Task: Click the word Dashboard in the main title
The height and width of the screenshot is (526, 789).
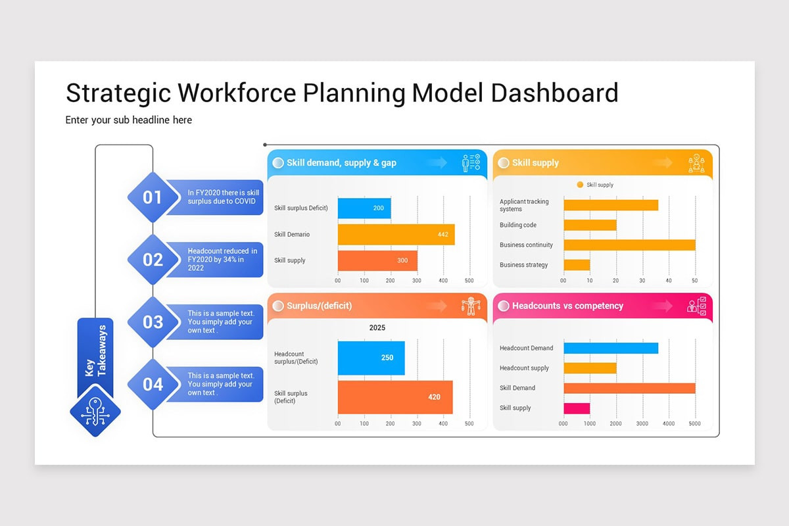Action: click(554, 93)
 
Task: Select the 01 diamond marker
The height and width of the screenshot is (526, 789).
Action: click(153, 197)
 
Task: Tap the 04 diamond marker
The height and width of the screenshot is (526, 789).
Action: click(153, 384)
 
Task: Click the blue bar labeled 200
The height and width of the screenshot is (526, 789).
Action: click(364, 208)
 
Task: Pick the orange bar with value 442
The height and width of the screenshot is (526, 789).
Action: click(396, 235)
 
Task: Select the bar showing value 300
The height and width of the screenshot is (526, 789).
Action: click(377, 260)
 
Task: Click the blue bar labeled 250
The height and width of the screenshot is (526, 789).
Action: click(371, 358)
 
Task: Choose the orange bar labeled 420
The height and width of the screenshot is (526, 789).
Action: click(395, 397)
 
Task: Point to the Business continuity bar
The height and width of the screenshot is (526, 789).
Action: click(629, 245)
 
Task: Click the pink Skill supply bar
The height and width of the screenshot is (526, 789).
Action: click(577, 408)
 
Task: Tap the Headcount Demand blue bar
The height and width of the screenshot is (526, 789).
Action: click(611, 348)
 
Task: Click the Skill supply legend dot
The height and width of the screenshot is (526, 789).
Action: click(580, 185)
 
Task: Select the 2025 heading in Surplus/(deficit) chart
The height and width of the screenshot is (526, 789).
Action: click(377, 327)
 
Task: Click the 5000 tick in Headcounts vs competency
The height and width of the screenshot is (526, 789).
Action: click(695, 424)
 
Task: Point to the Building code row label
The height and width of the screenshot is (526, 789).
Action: click(518, 225)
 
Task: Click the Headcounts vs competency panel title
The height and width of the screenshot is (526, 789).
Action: click(567, 306)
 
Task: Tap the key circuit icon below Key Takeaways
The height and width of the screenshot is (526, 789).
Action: click(95, 413)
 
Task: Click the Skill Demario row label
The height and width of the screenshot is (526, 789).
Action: click(292, 235)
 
